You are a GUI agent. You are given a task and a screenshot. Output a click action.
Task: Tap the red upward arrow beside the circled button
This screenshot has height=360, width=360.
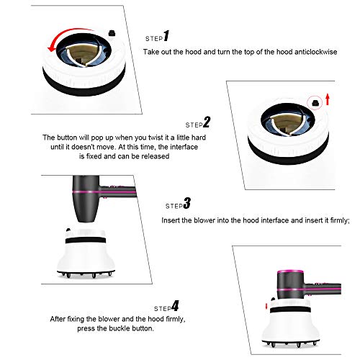pos(328,99)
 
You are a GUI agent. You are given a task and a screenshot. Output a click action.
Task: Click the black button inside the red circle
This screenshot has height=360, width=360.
pos(315,103)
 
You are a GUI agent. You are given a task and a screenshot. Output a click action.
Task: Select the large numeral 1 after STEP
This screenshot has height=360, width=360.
pos(166,36)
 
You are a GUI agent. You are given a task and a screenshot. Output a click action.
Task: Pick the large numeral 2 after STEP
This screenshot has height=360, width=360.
pos(207,122)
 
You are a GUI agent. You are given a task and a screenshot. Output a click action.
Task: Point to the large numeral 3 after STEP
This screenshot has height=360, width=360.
pos(187,203)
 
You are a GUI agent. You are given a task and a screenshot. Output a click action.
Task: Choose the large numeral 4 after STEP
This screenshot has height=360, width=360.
pos(175,306)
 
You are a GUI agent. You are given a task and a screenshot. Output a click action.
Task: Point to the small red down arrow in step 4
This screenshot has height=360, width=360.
pos(266,307)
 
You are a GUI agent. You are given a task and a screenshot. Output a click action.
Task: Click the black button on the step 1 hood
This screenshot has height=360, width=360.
pos(112,33)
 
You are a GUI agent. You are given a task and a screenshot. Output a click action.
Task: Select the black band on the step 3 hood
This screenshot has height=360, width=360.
pos(86,240)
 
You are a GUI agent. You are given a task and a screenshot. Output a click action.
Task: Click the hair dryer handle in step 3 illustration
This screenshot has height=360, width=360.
pos(118,192)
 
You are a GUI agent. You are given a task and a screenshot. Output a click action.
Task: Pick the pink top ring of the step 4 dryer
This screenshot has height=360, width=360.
pos(290,271)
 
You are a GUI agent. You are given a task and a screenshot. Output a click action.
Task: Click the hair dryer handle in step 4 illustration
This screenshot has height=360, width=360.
pos(323,289)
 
